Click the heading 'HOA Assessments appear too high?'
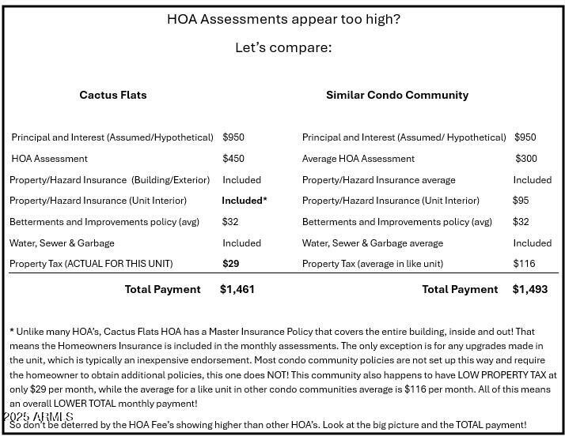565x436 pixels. point(283,19)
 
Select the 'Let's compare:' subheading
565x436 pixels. point(283,47)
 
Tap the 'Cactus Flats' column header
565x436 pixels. point(113,95)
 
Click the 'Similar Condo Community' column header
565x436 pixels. point(397,95)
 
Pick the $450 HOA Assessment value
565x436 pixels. point(233,159)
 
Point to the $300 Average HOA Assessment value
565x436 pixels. point(526,159)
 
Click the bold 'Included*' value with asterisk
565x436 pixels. point(244,201)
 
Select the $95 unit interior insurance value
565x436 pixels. point(521,201)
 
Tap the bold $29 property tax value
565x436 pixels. point(231,264)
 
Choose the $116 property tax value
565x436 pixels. point(524,264)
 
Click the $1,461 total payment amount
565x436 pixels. point(237,290)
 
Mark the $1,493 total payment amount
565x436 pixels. point(530,290)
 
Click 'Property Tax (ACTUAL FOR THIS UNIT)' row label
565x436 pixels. point(91,264)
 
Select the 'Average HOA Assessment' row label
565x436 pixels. point(358,159)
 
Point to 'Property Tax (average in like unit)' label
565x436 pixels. point(373,264)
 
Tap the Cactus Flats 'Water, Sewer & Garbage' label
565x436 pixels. point(63,243)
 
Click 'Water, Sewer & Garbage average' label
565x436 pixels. point(373,243)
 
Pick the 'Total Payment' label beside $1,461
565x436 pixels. point(163,290)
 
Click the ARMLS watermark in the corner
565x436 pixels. point(38,416)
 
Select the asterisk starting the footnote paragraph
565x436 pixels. point(12,332)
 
